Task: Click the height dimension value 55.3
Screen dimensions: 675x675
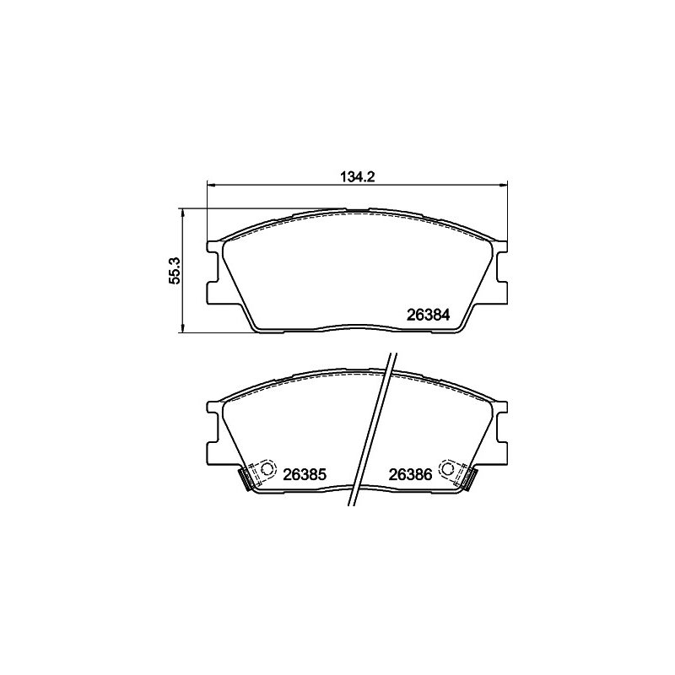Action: click(175, 271)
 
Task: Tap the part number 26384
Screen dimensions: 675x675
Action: click(429, 316)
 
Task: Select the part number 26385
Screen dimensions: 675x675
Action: click(305, 475)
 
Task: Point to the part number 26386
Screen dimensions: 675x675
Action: click(410, 475)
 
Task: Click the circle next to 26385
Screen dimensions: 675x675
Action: click(267, 468)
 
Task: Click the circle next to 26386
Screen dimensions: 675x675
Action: click(448, 468)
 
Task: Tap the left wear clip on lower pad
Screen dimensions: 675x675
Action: click(246, 478)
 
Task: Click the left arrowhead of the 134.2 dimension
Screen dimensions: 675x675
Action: click(212, 185)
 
